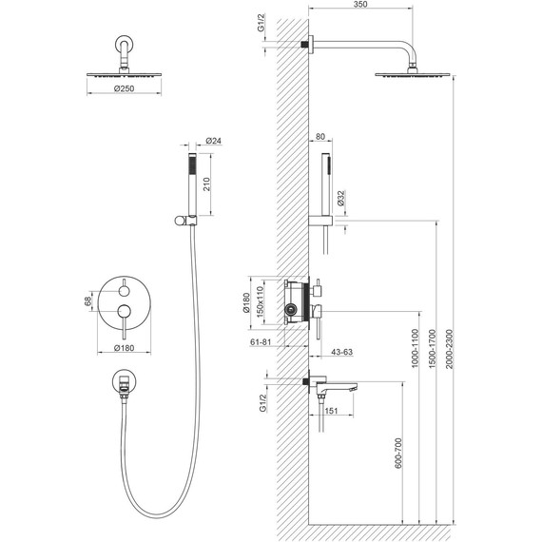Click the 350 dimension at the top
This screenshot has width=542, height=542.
(360, 5)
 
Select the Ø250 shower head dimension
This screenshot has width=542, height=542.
(125, 88)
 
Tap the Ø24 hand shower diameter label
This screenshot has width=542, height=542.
(214, 141)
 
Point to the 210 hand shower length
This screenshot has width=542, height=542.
(206, 184)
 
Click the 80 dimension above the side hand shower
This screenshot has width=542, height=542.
(320, 137)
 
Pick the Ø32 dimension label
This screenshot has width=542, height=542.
(340, 198)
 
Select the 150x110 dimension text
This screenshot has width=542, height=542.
(260, 300)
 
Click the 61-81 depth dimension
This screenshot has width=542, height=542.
(261, 342)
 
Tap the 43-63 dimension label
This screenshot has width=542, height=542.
(342, 352)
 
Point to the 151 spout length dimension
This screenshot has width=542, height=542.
(331, 411)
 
